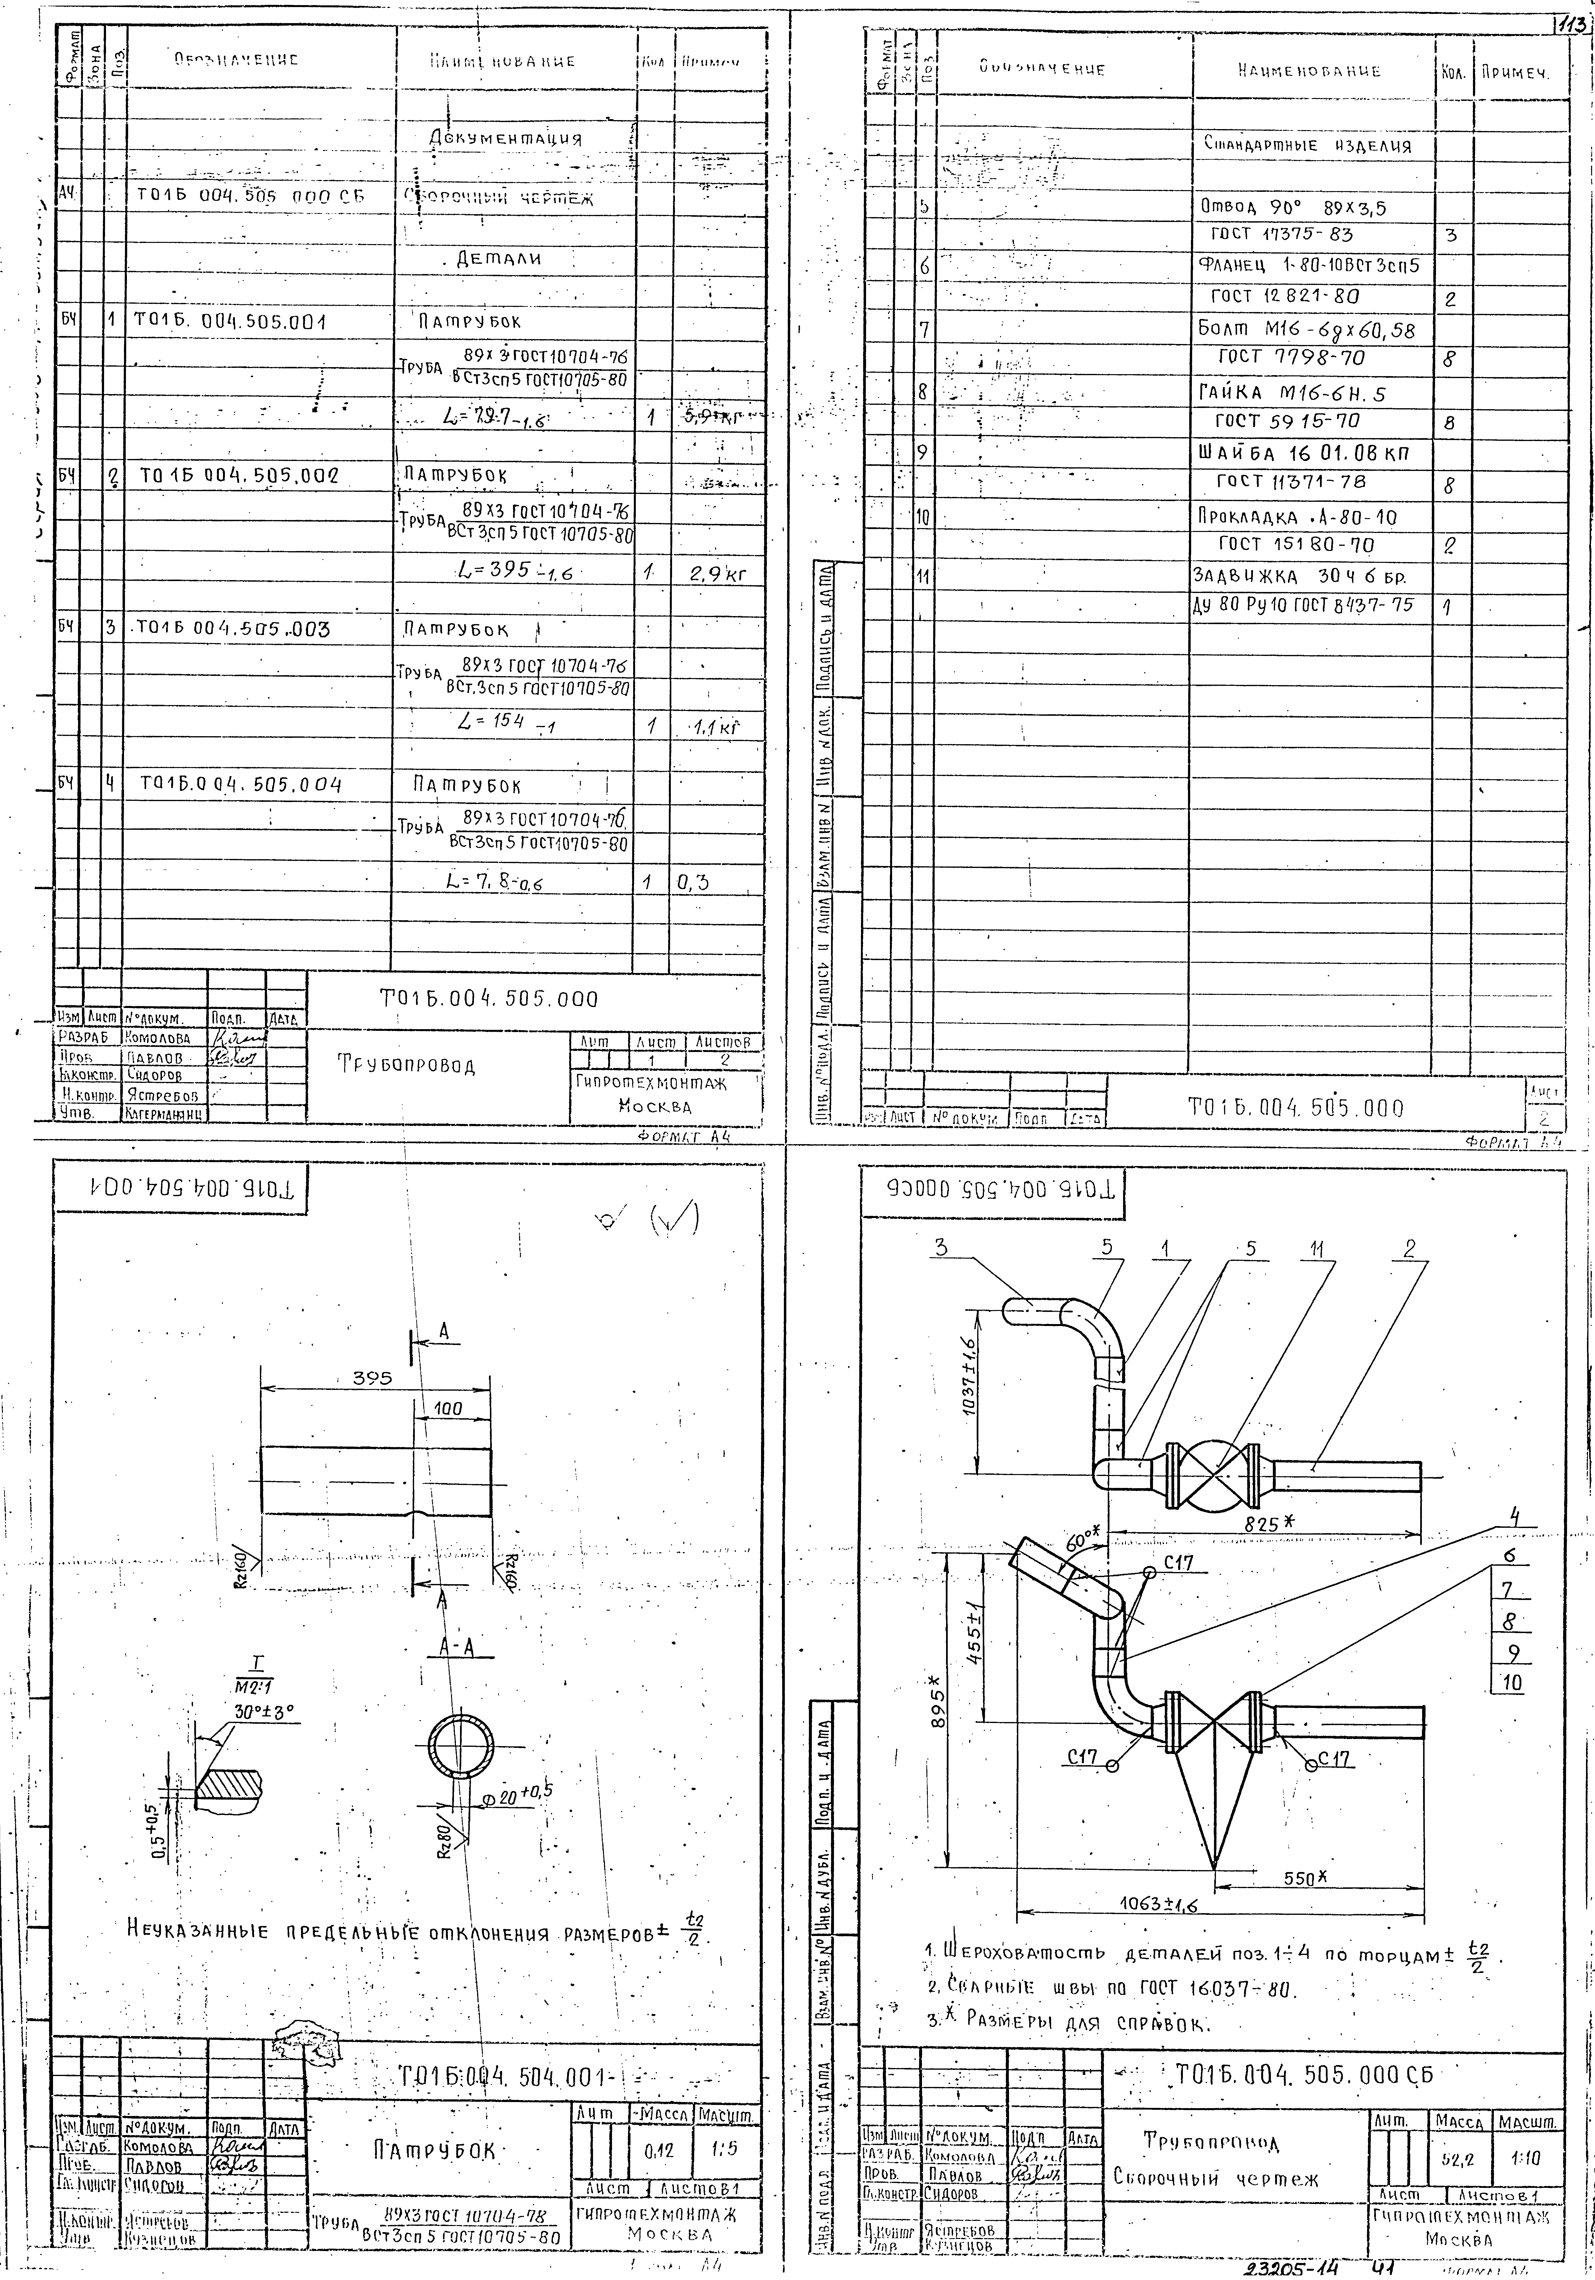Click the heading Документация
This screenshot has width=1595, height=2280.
[506, 138]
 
